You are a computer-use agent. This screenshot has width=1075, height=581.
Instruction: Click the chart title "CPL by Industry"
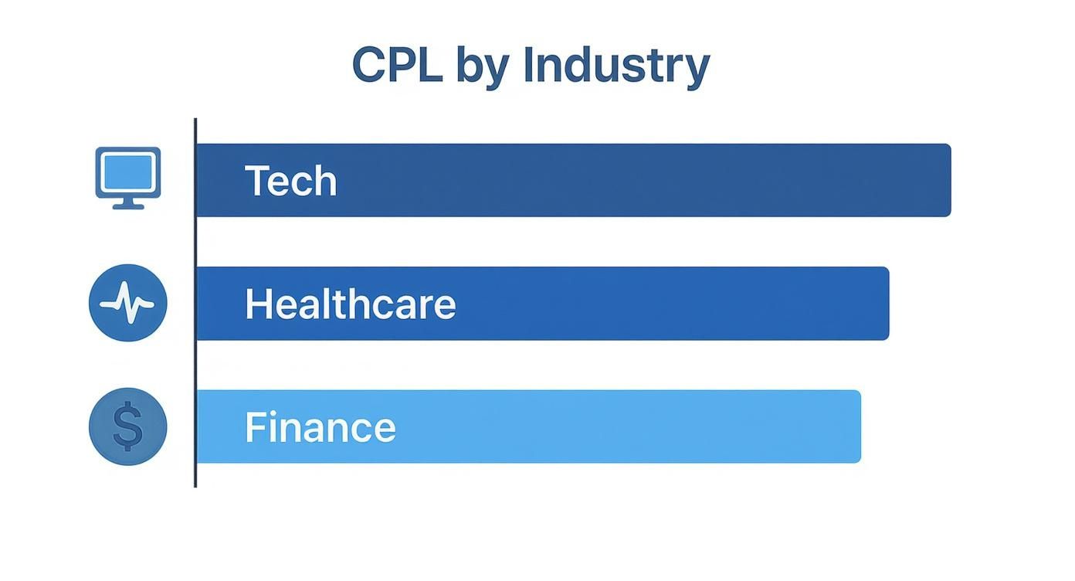(x=531, y=65)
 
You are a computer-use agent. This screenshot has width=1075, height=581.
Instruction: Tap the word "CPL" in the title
(x=397, y=65)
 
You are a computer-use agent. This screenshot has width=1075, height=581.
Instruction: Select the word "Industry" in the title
(x=615, y=66)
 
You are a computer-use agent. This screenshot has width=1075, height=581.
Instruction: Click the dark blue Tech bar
(x=618, y=180)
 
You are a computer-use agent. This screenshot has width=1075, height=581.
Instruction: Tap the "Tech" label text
(x=290, y=181)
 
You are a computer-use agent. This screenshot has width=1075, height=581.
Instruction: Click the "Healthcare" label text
(x=350, y=304)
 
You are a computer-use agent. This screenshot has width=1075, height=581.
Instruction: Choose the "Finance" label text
(x=320, y=426)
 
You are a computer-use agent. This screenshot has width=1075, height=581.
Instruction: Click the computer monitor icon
(x=128, y=177)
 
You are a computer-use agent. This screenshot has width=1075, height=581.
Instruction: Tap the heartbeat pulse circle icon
(x=128, y=303)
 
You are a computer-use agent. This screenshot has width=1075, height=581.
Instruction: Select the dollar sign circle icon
(x=128, y=426)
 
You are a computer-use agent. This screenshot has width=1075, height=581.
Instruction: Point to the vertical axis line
(x=195, y=309)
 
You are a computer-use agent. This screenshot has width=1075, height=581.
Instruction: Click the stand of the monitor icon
(x=128, y=204)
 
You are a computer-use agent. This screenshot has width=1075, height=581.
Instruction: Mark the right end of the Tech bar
(x=946, y=180)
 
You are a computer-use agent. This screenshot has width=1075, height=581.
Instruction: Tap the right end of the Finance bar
(x=856, y=426)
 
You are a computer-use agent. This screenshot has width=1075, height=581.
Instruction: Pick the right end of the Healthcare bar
(x=884, y=303)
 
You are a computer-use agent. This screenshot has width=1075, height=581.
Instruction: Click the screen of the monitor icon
(x=128, y=171)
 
